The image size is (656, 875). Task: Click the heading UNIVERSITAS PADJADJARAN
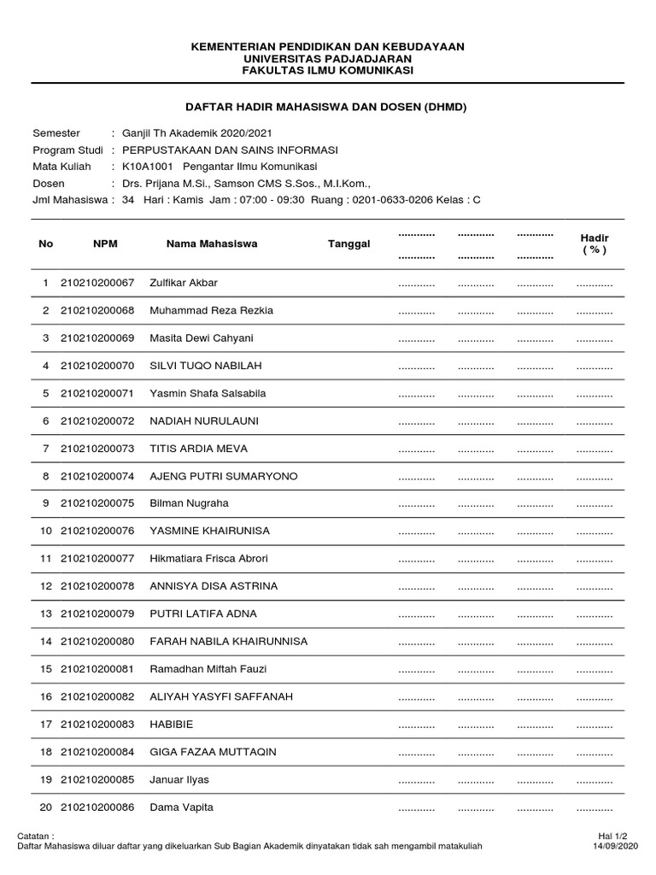point(327,58)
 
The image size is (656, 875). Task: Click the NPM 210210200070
point(97,366)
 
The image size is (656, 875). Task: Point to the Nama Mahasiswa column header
point(212,244)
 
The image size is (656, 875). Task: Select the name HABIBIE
point(171,725)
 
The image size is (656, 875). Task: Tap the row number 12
point(46,586)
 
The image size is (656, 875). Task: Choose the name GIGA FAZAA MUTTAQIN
point(212,752)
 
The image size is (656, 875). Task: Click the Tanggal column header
point(349,244)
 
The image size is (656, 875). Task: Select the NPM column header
point(105,244)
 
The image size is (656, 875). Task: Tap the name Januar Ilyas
point(179,779)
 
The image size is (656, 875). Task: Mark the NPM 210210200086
point(97,807)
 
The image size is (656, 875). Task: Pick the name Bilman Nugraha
point(190,503)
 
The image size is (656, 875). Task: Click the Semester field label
point(56,133)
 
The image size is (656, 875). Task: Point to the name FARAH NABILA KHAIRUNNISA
point(229,642)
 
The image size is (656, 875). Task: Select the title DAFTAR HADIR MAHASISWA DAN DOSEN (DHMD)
point(327,107)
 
